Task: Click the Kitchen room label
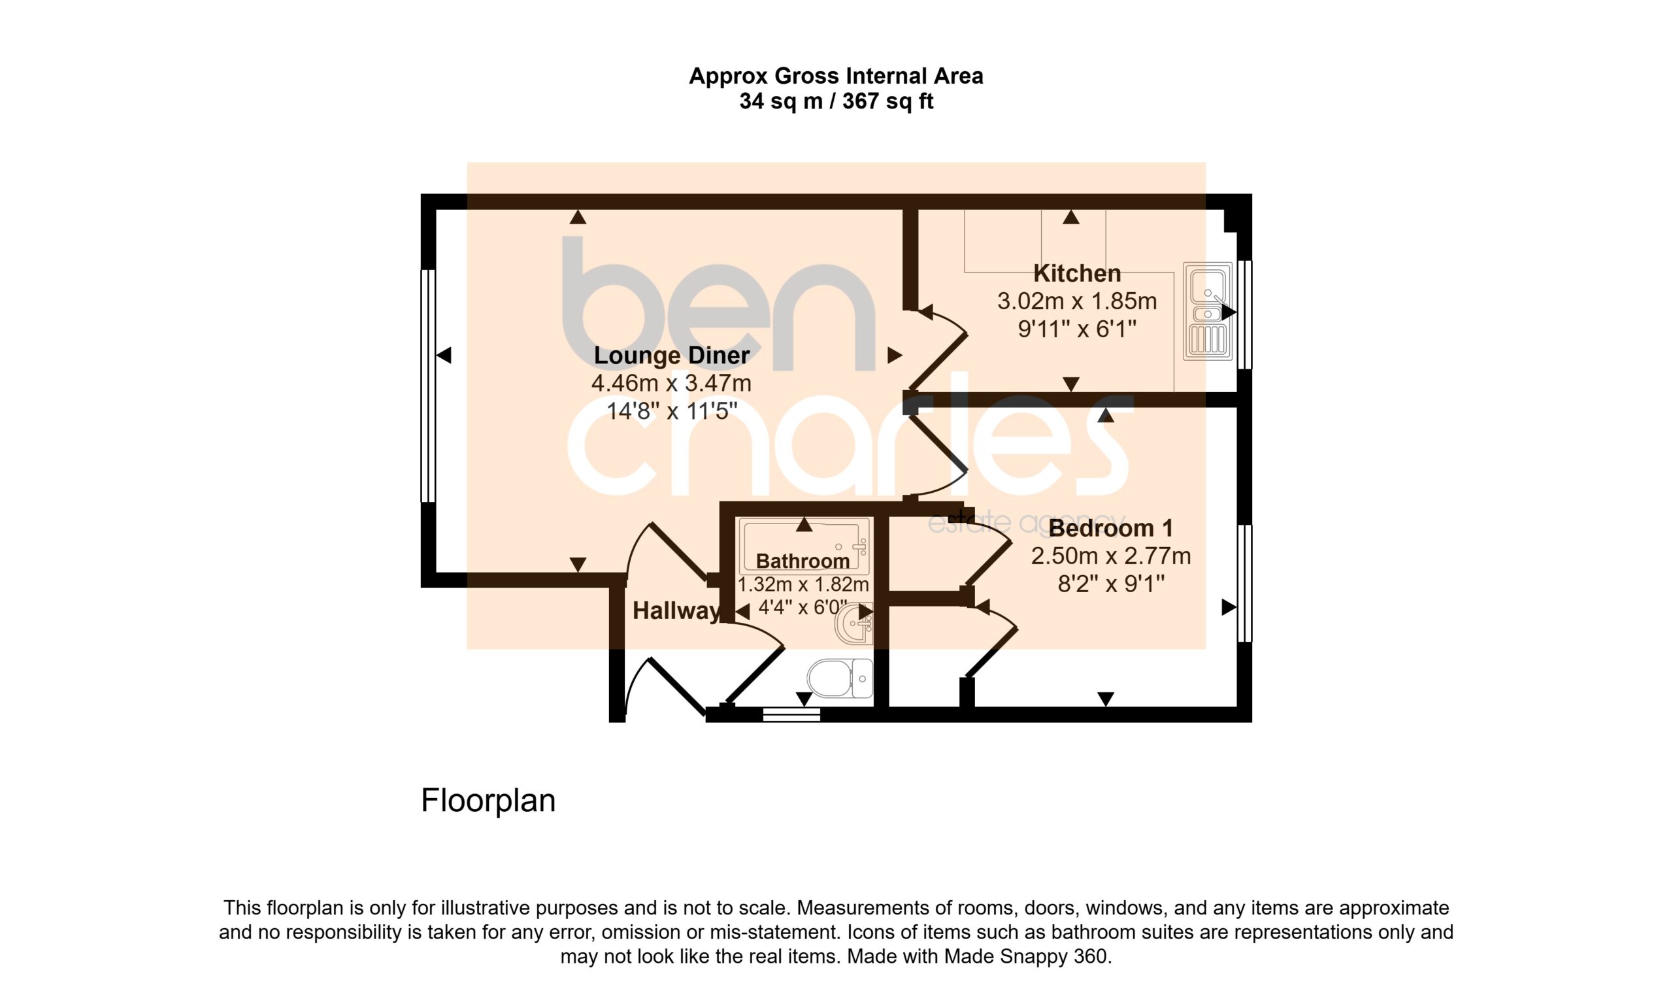[1077, 274]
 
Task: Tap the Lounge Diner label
[671, 356]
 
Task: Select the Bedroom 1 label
[1111, 528]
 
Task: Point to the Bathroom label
[803, 561]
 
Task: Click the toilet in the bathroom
[840, 678]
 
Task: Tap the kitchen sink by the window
[1208, 311]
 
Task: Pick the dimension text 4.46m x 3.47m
[671, 384]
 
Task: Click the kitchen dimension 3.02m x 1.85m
[1077, 301]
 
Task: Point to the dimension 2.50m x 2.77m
[1111, 556]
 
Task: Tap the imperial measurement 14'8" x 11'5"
[672, 411]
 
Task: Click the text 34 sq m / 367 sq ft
[836, 102]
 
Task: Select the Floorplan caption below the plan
[488, 801]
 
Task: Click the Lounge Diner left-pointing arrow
[443, 355]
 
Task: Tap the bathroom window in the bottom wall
[791, 715]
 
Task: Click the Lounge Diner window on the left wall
[428, 386]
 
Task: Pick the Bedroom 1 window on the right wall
[1244, 584]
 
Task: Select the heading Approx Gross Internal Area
[836, 76]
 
